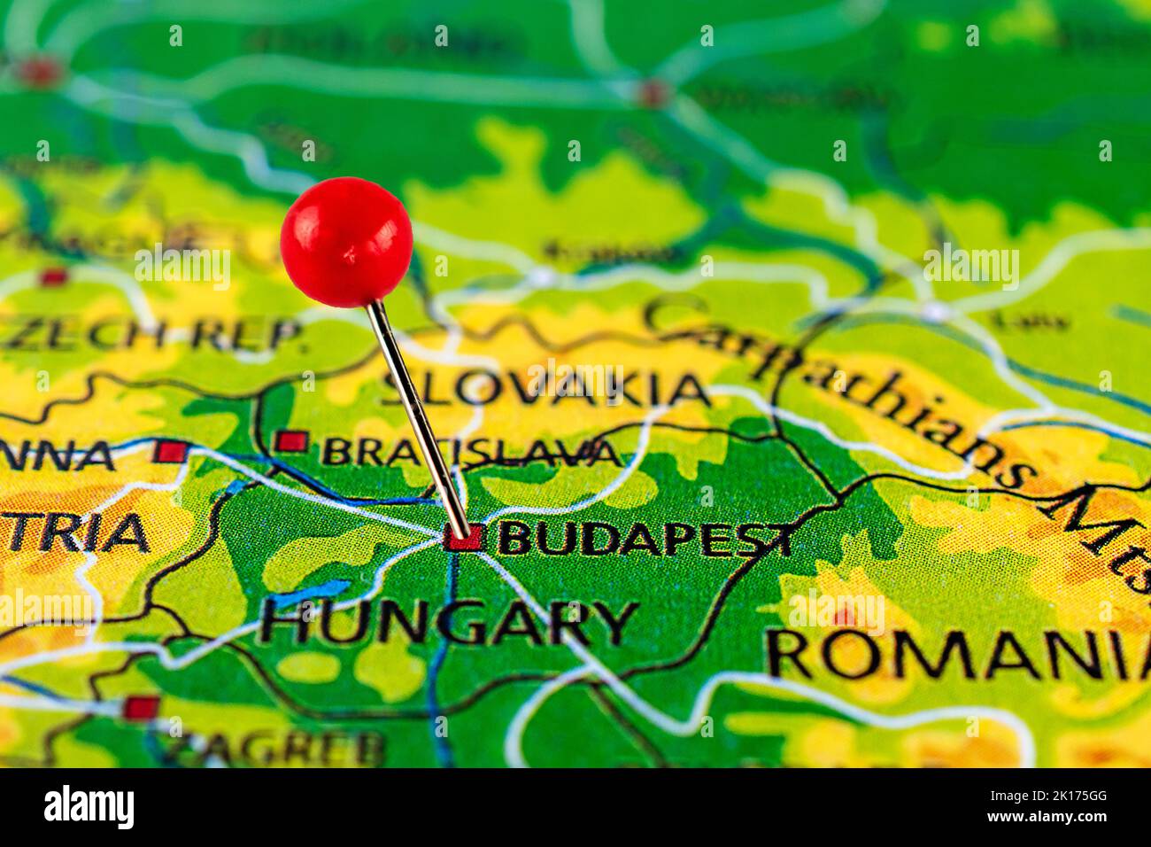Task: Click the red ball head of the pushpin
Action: tap(346, 242)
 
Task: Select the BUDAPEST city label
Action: tap(645, 539)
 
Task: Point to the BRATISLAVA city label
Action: tap(469, 452)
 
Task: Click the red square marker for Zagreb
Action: tap(141, 707)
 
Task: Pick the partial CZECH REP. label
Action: tap(151, 333)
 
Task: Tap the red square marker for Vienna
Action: tap(171, 451)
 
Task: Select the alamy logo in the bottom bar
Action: tap(89, 807)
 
